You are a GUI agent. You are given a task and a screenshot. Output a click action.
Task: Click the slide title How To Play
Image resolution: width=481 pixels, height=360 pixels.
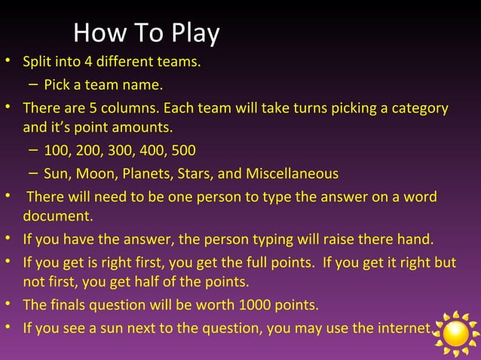pyautogui.click(x=146, y=33)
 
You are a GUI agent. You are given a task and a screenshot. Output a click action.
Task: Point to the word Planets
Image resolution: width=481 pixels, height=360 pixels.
pyautogui.click(x=148, y=174)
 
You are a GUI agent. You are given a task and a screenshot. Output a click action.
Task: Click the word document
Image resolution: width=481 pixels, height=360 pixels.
pyautogui.click(x=57, y=218)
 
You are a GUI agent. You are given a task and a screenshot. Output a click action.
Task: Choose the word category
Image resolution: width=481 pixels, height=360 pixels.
pyautogui.click(x=418, y=108)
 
